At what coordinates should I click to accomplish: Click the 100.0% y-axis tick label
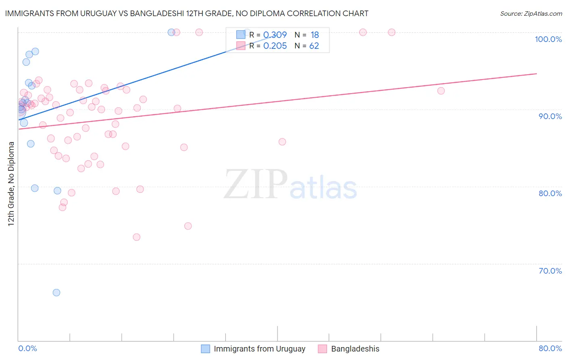coord(548,39)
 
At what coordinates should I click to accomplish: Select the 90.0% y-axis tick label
coord(550,116)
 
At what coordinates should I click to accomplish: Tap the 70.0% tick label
coord(550,271)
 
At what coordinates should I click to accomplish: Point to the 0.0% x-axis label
coord(27,348)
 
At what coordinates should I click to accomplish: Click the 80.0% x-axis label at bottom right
coord(550,348)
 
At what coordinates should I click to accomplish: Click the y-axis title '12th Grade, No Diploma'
coord(11,184)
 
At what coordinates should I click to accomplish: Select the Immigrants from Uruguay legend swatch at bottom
coord(205,349)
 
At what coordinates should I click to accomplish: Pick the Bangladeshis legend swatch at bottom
coord(322,349)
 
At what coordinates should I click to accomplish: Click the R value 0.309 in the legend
coord(275,35)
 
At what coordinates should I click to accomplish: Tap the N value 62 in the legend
coord(314,46)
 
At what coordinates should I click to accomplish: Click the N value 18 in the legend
coord(315,35)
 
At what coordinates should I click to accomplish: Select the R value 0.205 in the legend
coord(275,46)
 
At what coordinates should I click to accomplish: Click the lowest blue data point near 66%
coord(56,293)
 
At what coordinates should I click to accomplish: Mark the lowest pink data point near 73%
coord(137,237)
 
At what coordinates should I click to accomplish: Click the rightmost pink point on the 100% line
coord(392,32)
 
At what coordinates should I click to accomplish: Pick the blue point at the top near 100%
coord(171,32)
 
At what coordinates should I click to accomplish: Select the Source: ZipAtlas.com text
coord(531,13)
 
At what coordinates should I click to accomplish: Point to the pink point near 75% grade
coord(188,226)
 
